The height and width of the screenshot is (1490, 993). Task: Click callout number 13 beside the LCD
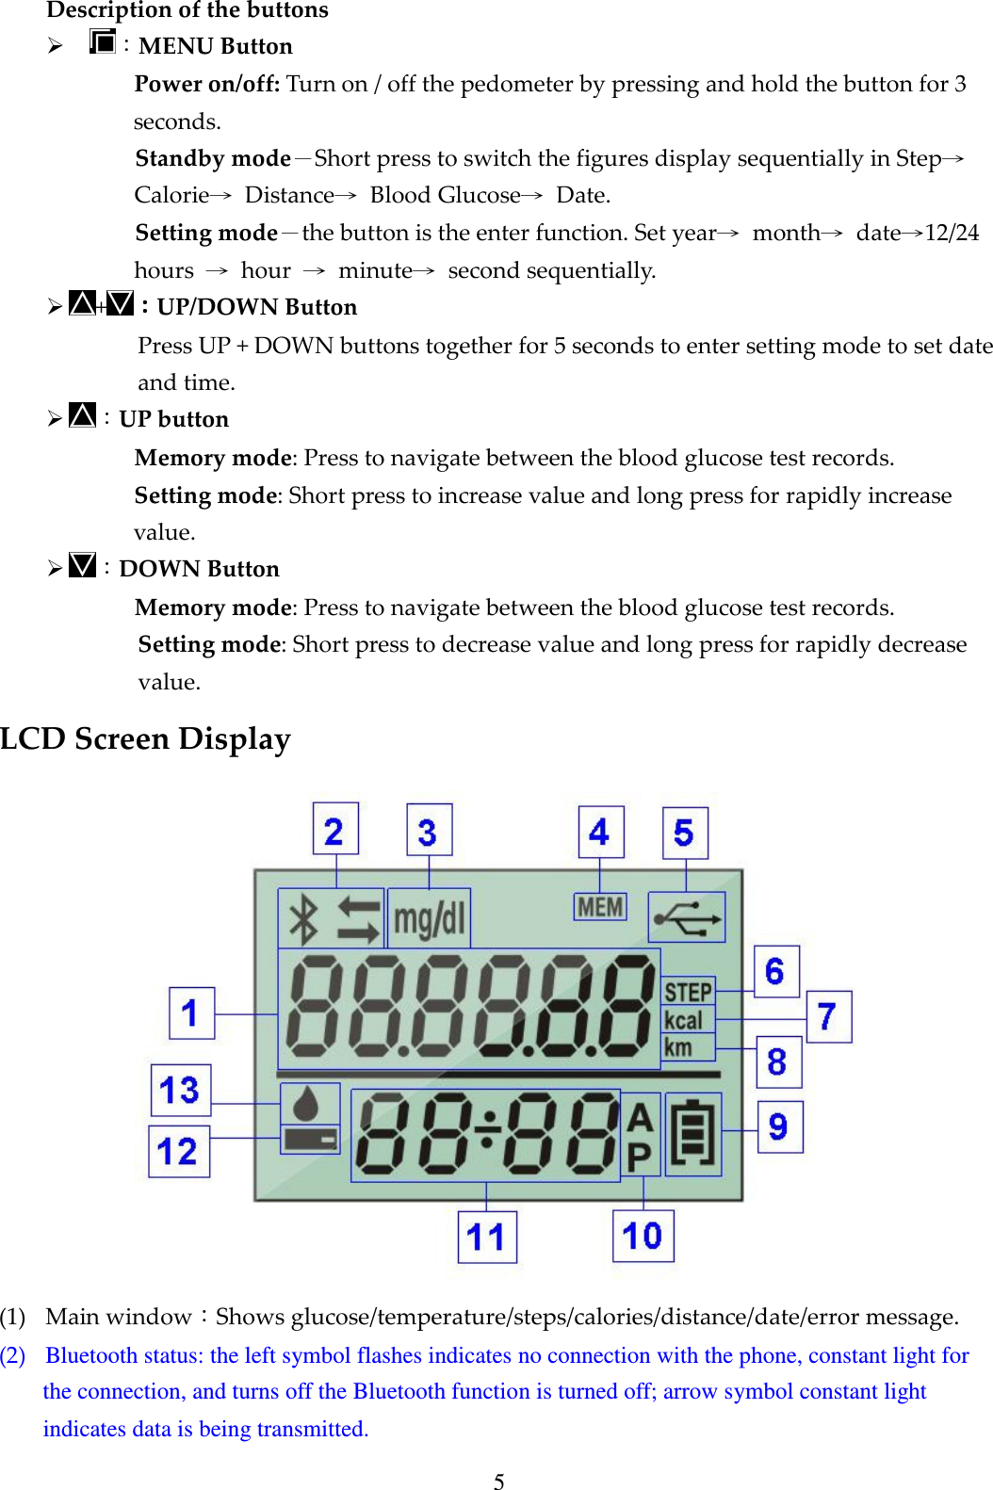tap(181, 1090)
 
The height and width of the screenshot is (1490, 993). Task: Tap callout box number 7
tap(828, 1016)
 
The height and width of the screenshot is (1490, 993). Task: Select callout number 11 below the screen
tap(486, 1237)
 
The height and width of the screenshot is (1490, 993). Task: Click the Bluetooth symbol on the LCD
tap(304, 919)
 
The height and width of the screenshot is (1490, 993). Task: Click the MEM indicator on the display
tap(600, 907)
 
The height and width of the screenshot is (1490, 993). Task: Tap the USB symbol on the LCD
tap(687, 917)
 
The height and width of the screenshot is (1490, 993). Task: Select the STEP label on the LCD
tap(688, 992)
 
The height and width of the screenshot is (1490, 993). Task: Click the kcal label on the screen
tap(683, 1020)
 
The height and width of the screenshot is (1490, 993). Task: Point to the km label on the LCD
tap(678, 1047)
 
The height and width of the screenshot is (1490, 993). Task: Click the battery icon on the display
tap(693, 1133)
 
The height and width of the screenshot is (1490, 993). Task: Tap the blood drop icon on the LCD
tap(310, 1104)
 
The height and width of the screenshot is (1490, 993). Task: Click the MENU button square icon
tap(102, 42)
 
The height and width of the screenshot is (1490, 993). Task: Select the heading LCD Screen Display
tap(145, 739)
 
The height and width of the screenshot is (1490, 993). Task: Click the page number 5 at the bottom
tap(498, 1481)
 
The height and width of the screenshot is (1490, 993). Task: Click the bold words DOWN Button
tap(199, 569)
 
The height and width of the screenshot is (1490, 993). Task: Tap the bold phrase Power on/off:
tap(206, 84)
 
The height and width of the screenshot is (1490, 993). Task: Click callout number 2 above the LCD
tap(334, 830)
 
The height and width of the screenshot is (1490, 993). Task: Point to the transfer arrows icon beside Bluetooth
tap(358, 919)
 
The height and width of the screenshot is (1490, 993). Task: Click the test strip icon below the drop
tap(310, 1140)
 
